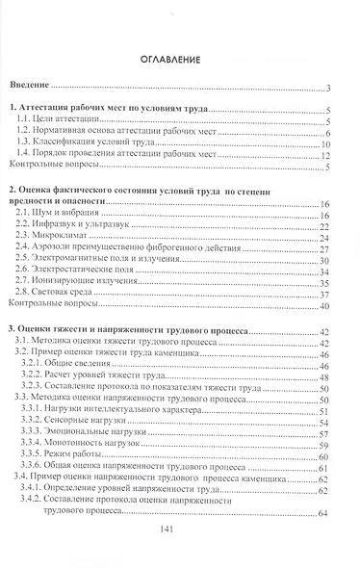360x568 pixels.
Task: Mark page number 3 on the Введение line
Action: click(x=329, y=87)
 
